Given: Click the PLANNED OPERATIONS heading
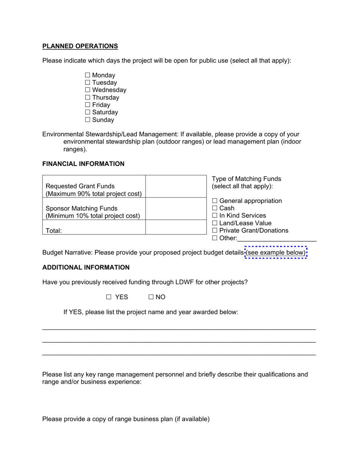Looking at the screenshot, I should tap(80, 46).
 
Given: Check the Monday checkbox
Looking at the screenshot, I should tap(88, 75).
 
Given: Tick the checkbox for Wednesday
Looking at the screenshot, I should tap(88, 90).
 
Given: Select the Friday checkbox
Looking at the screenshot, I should tap(88, 105).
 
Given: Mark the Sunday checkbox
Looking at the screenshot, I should tap(88, 120).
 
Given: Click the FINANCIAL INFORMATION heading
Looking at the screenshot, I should tap(83, 164).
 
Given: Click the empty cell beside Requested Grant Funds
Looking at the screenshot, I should tap(176, 186).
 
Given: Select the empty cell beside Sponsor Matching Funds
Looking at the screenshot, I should tap(176, 209).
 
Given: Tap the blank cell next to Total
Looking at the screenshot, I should tap(176, 227).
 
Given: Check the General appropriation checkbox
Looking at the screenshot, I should tap(215, 201).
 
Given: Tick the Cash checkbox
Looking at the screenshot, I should tap(215, 208).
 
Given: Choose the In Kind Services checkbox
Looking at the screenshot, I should tap(215, 216).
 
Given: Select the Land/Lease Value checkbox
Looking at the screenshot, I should tap(215, 223).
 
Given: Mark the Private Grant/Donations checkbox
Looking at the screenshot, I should tap(215, 231).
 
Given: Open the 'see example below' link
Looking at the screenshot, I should tap(276, 253).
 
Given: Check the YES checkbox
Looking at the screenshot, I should tap(109, 297).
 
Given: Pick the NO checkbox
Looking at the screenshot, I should tap(151, 297).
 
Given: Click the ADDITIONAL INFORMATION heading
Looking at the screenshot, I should tap(86, 267).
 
